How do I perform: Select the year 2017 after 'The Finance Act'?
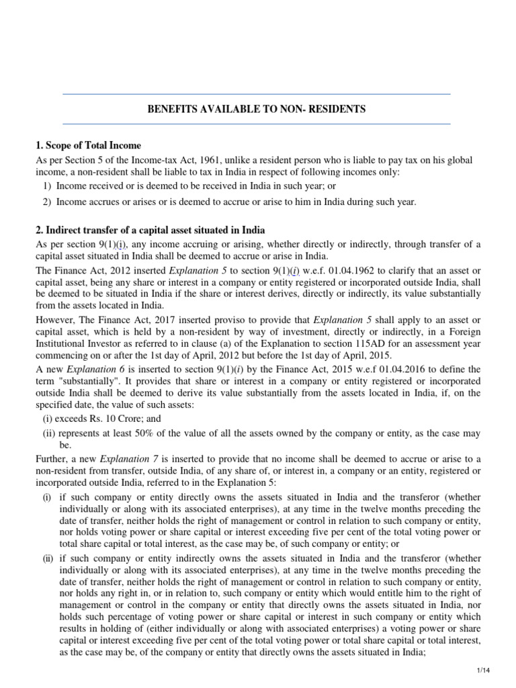pyautogui.click(x=148, y=320)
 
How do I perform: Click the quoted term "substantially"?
pyautogui.click(x=84, y=382)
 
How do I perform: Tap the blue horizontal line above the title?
pyautogui.click(x=256, y=94)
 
